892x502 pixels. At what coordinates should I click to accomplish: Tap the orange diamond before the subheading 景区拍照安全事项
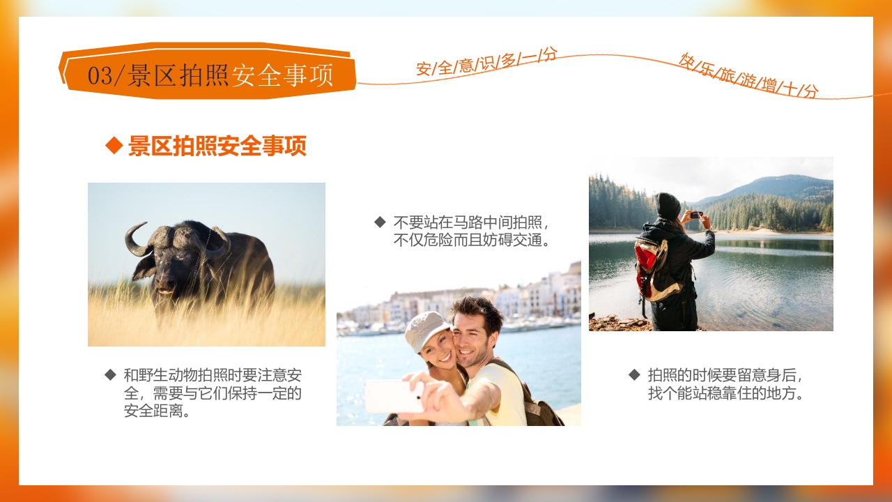coord(114,146)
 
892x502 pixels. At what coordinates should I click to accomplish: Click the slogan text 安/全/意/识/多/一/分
coord(486,61)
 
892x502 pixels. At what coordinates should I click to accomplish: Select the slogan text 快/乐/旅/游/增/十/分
coord(749,75)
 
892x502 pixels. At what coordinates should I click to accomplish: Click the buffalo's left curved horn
coord(134,241)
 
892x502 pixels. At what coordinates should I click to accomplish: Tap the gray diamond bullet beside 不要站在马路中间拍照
coord(380,222)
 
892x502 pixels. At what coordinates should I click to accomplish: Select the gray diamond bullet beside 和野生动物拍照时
coord(110,374)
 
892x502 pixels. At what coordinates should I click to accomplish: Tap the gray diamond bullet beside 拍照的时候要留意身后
coord(634,374)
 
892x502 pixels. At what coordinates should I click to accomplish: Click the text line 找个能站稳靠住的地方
coord(726,393)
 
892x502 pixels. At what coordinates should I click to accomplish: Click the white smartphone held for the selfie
coord(391,396)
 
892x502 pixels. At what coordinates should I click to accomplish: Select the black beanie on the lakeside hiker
coord(668,205)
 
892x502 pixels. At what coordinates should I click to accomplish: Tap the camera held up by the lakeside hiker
coord(695,215)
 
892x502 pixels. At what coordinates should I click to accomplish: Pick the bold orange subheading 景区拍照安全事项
coord(217,146)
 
